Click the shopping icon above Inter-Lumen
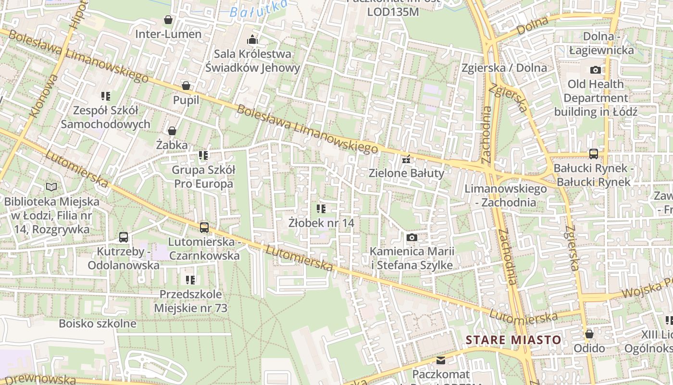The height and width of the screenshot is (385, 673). (168, 20)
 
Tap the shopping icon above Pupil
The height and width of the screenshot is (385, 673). (186, 86)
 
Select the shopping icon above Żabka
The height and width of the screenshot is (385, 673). (172, 130)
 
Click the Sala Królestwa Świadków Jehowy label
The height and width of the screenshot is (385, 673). (252, 61)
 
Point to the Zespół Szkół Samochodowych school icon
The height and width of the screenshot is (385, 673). (106, 96)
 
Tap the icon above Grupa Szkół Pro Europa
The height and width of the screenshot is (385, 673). (203, 155)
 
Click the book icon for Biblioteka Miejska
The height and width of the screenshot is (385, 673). (51, 187)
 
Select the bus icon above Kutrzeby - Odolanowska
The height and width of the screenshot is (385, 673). (124, 237)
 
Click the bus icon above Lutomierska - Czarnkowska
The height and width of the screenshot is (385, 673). (204, 227)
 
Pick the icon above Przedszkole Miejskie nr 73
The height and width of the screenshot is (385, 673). (190, 280)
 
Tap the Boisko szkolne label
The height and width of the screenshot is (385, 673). (98, 323)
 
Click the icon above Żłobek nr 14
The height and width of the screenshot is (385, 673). (321, 209)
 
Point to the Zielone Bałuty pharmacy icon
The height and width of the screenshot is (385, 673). (407, 159)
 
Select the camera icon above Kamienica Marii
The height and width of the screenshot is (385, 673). (412, 237)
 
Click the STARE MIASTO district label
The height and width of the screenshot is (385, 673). (513, 340)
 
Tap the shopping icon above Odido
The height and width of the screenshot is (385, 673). (589, 334)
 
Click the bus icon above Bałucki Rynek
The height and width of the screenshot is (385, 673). (594, 154)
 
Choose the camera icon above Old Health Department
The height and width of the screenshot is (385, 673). (596, 70)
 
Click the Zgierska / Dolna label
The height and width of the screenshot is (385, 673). (504, 67)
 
